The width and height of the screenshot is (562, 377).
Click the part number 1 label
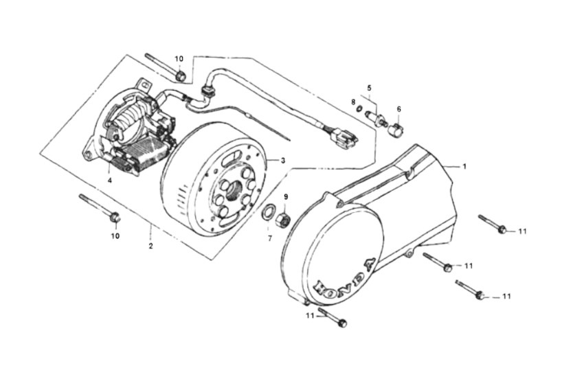coord(464,167)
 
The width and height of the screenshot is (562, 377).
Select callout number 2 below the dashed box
coord(151,247)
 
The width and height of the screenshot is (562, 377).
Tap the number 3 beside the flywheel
coord(283,161)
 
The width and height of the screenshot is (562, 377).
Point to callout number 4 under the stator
coord(110,180)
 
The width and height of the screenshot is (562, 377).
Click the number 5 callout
coord(369,88)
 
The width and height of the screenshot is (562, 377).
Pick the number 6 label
coord(398,109)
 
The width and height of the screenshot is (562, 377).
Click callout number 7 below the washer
coord(270,238)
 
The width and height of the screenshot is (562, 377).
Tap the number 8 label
coord(353,102)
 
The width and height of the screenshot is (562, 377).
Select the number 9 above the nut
coord(286,197)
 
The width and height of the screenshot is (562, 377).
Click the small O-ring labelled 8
coord(359,109)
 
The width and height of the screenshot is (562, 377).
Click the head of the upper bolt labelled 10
coord(181,76)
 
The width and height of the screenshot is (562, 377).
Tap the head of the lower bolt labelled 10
coord(115,217)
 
